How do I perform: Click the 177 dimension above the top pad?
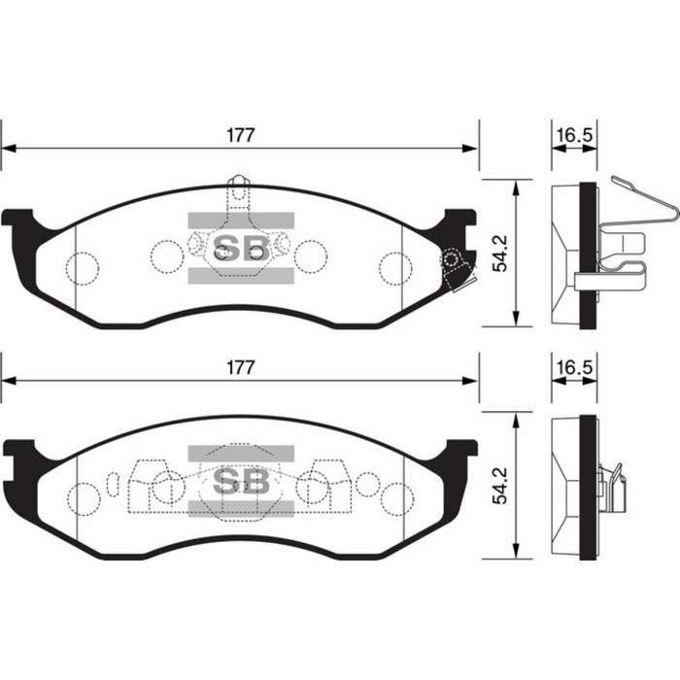click(x=241, y=135)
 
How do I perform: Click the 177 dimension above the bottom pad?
click(x=241, y=367)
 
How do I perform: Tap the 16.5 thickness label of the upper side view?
click(x=573, y=135)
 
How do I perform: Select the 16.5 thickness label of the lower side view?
click(x=573, y=368)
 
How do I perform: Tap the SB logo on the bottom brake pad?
click(x=240, y=483)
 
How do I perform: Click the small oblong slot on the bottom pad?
click(x=116, y=483)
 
